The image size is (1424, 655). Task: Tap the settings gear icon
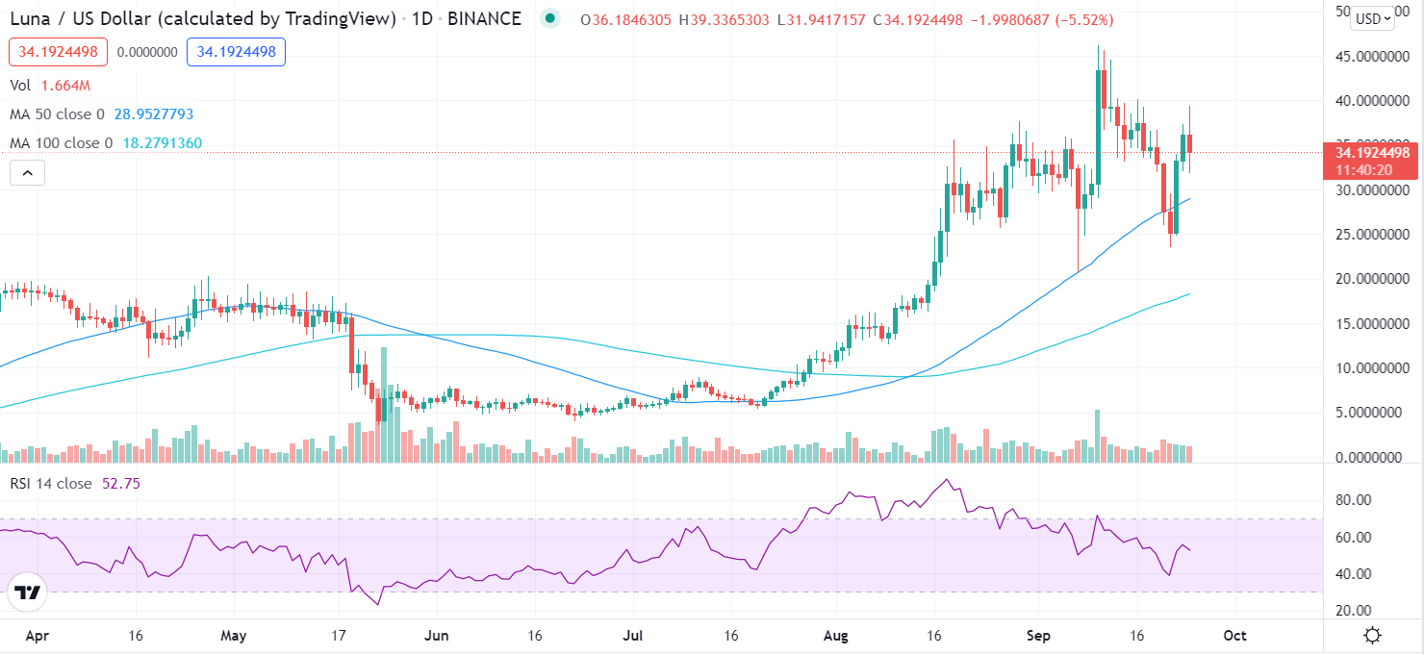pyautogui.click(x=1373, y=636)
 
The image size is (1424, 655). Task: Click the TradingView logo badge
pyautogui.click(x=28, y=592)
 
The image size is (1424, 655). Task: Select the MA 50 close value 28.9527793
pyautogui.click(x=154, y=114)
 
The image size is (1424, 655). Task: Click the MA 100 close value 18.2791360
pyautogui.click(x=162, y=143)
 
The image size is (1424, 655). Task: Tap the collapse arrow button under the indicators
pyautogui.click(x=28, y=173)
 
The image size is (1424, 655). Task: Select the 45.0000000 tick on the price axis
pyautogui.click(x=1365, y=57)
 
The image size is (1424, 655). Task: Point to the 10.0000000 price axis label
pyautogui.click(x=1365, y=368)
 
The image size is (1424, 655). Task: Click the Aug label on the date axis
pyautogui.click(x=836, y=636)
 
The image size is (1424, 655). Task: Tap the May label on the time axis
pyautogui.click(x=234, y=636)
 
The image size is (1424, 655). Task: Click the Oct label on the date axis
pyautogui.click(x=1234, y=636)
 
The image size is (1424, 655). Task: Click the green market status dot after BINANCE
pyautogui.click(x=549, y=18)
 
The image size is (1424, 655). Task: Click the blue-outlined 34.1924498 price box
pyautogui.click(x=236, y=51)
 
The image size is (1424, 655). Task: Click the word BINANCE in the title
pyautogui.click(x=485, y=18)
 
